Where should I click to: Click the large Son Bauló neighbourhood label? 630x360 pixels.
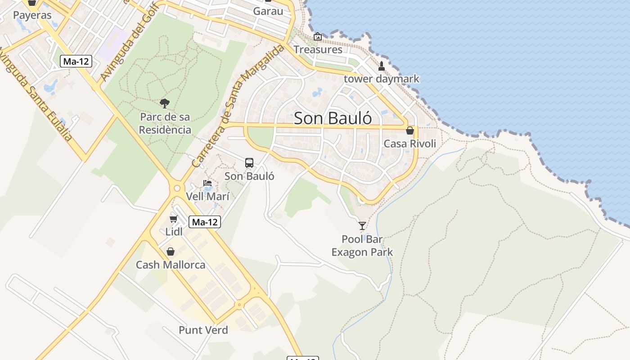333,118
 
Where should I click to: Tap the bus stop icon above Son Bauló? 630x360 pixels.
249,163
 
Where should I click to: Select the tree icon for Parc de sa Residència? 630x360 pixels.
165,103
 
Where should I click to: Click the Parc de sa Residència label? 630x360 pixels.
165,123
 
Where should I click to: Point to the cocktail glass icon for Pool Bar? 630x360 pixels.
362,225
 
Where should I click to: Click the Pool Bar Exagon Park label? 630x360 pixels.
362,246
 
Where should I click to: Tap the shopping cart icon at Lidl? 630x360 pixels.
173,219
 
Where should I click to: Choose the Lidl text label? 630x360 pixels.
174,232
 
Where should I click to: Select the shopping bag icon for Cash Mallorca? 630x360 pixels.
171,252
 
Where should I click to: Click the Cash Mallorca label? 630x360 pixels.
171,265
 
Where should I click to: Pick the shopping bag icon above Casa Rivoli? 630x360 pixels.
409,130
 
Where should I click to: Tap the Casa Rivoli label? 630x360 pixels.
409,144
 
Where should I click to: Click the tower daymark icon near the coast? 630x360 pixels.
382,66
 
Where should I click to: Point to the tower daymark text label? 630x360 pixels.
382,79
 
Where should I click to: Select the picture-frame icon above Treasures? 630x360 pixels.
318,36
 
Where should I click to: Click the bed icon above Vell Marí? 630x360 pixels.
207,183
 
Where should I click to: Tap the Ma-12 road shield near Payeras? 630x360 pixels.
76,61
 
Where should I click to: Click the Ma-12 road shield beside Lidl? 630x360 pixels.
205,222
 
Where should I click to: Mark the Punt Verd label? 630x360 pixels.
203,330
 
